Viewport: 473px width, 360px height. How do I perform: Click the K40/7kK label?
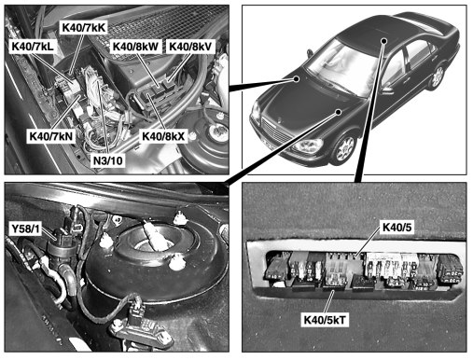click(x=84, y=28)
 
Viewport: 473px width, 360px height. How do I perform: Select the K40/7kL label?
click(x=33, y=47)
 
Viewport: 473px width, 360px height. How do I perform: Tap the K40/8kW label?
click(x=135, y=47)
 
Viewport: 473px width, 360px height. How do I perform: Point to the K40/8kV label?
click(x=190, y=47)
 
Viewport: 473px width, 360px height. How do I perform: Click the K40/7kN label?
click(x=51, y=136)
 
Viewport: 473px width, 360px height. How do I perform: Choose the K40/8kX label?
click(x=163, y=136)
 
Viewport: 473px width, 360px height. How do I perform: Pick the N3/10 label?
click(x=108, y=160)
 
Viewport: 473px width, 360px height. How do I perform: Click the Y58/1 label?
click(x=26, y=229)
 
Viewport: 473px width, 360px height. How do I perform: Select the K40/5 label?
click(x=396, y=228)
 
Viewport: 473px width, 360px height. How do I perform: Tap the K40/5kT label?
click(x=325, y=320)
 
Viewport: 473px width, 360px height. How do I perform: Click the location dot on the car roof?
click(x=384, y=41)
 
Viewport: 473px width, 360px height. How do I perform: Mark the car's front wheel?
click(x=344, y=148)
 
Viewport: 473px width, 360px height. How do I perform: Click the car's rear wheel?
click(x=438, y=76)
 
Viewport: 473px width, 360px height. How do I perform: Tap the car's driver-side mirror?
click(x=386, y=90)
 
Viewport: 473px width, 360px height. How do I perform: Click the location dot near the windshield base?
click(x=297, y=78)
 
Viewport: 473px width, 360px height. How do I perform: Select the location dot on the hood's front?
click(x=339, y=112)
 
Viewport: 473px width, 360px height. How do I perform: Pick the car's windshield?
click(x=340, y=66)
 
